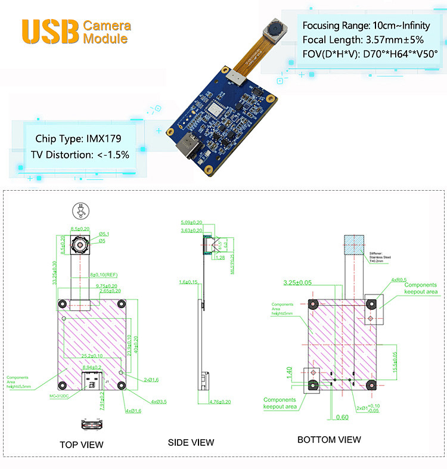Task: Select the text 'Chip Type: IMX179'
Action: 78,138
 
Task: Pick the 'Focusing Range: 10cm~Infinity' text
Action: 366,26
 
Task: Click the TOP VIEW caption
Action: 81,444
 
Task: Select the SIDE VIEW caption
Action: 191,442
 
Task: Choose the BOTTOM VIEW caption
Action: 329,440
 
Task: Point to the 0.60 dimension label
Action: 342,417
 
